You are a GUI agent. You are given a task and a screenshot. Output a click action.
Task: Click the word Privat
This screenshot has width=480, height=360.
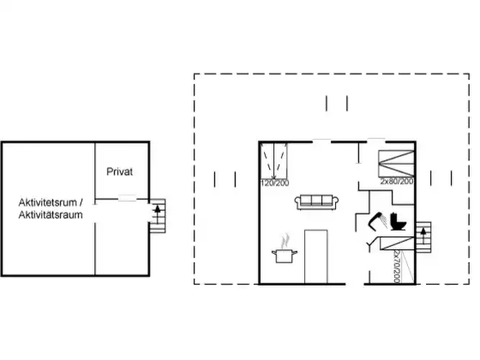pyautogui.click(x=119, y=171)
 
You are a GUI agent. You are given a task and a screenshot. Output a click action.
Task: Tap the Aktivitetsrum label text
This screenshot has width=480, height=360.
pyautogui.click(x=47, y=202)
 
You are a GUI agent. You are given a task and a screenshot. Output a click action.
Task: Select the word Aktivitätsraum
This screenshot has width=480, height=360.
pyautogui.click(x=50, y=215)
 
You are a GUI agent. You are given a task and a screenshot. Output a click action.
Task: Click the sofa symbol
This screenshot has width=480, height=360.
pyautogui.click(x=317, y=202)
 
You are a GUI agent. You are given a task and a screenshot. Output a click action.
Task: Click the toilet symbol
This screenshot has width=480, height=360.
pyautogui.click(x=398, y=222)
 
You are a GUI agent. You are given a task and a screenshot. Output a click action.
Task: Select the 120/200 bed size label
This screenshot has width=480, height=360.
pyautogui.click(x=275, y=183)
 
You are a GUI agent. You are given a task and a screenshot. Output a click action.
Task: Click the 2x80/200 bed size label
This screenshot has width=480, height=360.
pyautogui.click(x=397, y=181)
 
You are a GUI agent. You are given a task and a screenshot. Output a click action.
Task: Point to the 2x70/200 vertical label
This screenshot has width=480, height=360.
pyautogui.click(x=397, y=266)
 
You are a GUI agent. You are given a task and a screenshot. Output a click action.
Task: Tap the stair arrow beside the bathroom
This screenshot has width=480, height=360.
pyautogui.click(x=424, y=236)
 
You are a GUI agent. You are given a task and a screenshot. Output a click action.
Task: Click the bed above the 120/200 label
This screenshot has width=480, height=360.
pyautogui.click(x=274, y=161)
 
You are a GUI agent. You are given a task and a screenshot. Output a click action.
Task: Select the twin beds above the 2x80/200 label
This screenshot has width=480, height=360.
pyautogui.click(x=397, y=163)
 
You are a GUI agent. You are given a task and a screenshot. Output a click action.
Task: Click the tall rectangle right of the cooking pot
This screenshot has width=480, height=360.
pyautogui.click(x=316, y=257)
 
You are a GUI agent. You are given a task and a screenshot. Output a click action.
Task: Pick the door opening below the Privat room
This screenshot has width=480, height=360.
pyautogui.click(x=127, y=199)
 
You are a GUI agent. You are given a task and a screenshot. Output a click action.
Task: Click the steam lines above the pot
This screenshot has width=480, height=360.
pyautogui.click(x=285, y=240)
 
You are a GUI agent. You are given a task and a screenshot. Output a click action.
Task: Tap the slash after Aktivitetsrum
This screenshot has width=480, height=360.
pyautogui.click(x=81, y=202)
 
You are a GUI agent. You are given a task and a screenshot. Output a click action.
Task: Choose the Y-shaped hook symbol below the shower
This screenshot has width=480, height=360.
pyautogui.click(x=370, y=245)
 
